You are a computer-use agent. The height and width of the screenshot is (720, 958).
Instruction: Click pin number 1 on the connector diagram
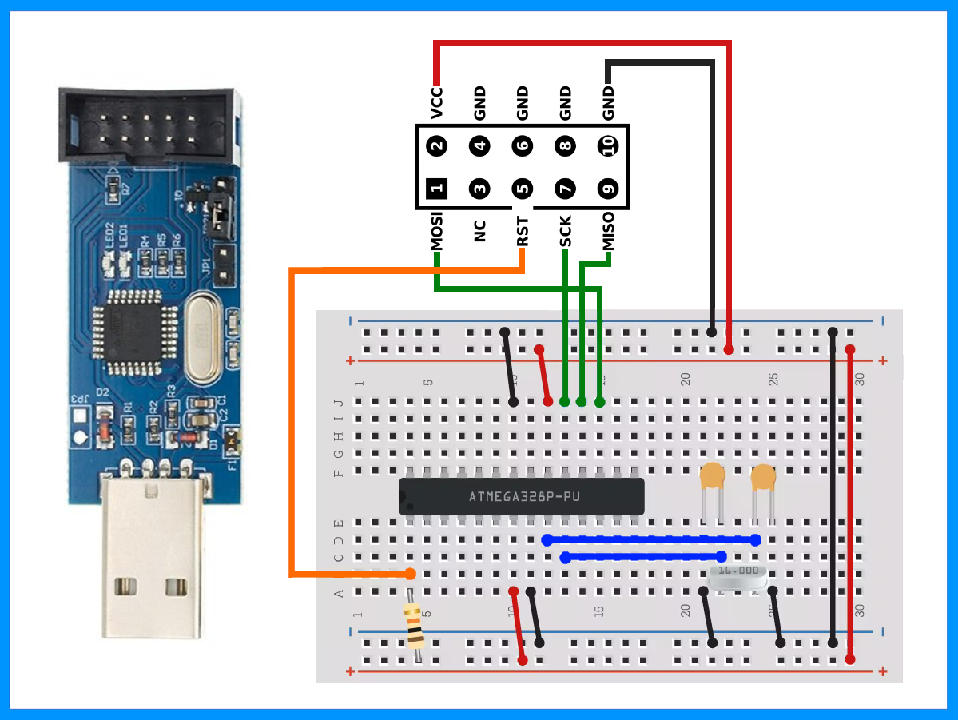tap(436, 189)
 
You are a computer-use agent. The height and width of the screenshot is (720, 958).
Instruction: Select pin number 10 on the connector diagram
tap(608, 146)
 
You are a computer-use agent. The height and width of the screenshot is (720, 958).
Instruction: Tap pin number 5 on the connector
tap(522, 189)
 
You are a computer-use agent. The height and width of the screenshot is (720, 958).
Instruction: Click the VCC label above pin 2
tap(436, 102)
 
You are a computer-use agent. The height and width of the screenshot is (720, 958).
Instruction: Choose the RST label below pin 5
tap(523, 231)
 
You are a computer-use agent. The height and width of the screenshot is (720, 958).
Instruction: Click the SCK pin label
tap(566, 231)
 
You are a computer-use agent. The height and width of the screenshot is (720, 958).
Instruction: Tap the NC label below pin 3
tap(480, 231)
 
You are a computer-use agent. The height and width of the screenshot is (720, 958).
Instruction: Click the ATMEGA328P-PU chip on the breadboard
tap(521, 496)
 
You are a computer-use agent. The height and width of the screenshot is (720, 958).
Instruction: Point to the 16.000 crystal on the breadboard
tap(737, 575)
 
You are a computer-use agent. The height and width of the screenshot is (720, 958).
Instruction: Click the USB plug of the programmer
tap(149, 559)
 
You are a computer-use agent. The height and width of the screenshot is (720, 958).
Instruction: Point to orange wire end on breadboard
tap(410, 573)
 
